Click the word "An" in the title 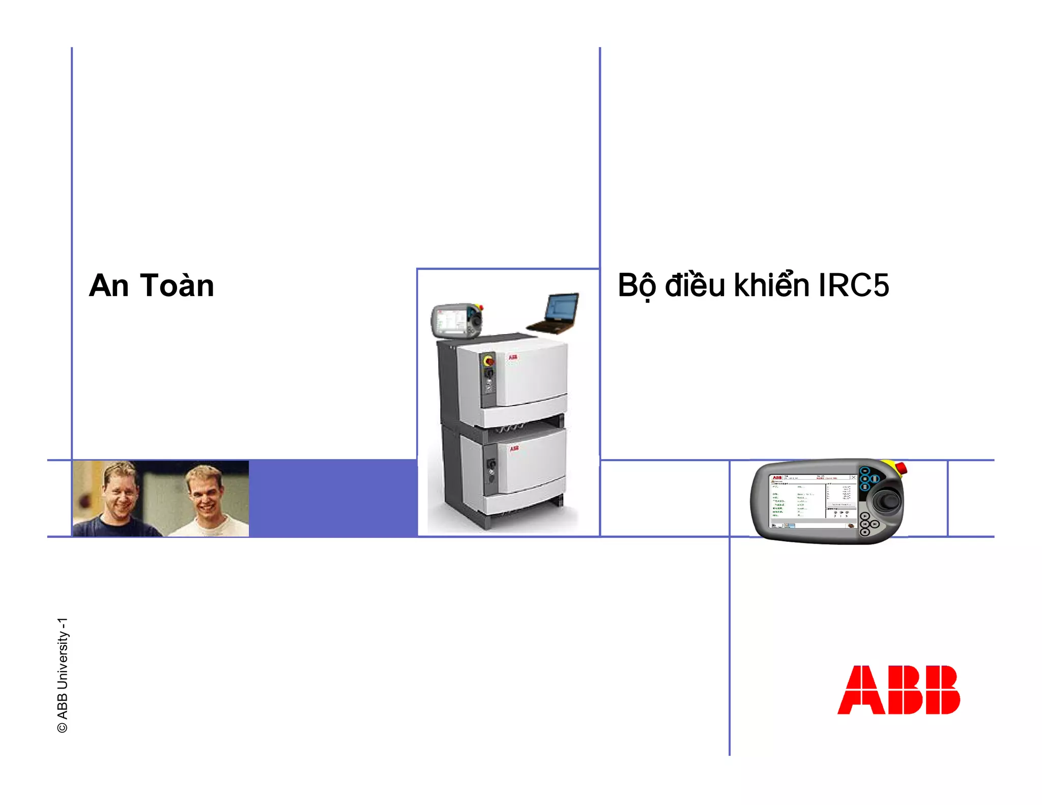(x=109, y=285)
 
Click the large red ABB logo (x=898, y=689)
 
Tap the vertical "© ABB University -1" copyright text (x=63, y=675)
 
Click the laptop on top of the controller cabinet (x=555, y=313)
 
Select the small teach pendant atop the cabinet (x=456, y=320)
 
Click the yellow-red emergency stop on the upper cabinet (x=488, y=361)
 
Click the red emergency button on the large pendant (x=900, y=467)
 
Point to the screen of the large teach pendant (x=812, y=502)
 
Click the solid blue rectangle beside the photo (x=333, y=498)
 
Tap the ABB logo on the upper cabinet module (x=513, y=357)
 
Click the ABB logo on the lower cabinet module (x=514, y=448)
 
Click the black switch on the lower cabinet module (x=491, y=464)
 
